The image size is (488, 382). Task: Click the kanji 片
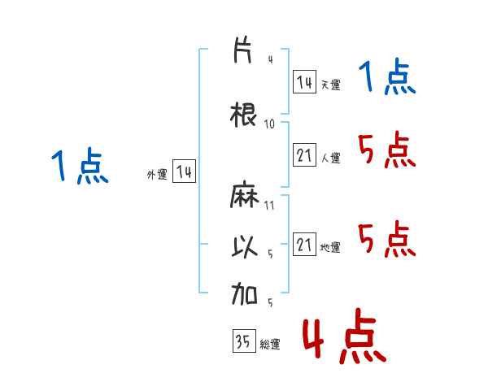pyautogui.click(x=242, y=50)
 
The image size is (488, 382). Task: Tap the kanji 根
pyautogui.click(x=243, y=115)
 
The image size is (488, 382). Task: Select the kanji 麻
pyautogui.click(x=244, y=195)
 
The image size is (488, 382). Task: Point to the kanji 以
pyautogui.click(x=245, y=247)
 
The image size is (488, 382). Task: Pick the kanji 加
pyautogui.click(x=244, y=293)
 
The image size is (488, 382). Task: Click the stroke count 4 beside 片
pyautogui.click(x=271, y=59)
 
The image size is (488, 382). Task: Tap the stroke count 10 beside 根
pyautogui.click(x=269, y=124)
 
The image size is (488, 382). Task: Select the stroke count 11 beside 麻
pyautogui.click(x=269, y=206)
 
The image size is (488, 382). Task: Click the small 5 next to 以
pyautogui.click(x=270, y=254)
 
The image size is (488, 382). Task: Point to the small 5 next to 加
pyautogui.click(x=270, y=302)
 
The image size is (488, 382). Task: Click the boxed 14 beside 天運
pyautogui.click(x=304, y=82)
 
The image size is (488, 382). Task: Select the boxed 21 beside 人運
pyautogui.click(x=304, y=154)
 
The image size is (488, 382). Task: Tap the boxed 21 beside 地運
pyautogui.click(x=304, y=244)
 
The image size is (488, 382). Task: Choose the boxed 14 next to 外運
pyautogui.click(x=184, y=171)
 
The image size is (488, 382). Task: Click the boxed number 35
pyautogui.click(x=244, y=341)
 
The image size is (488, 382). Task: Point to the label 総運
pyautogui.click(x=270, y=344)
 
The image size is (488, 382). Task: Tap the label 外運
pyautogui.click(x=157, y=175)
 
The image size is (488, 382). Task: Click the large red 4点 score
pyautogui.click(x=345, y=336)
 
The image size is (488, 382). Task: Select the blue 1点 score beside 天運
pyautogui.click(x=387, y=76)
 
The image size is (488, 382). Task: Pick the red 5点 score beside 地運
pyautogui.click(x=387, y=239)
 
